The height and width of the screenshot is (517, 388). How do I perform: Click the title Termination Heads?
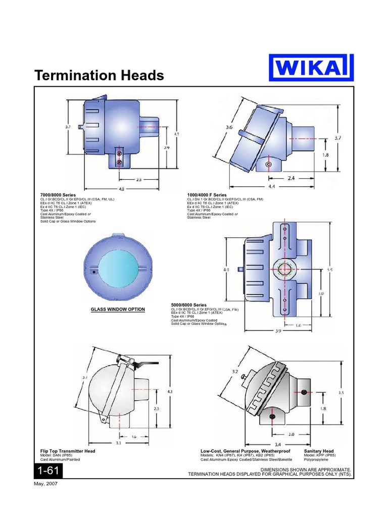click(99, 76)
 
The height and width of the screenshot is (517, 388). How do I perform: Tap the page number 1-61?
click(48, 471)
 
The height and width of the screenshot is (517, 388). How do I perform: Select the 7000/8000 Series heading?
click(58, 195)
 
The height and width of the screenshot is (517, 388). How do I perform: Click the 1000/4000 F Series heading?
click(207, 195)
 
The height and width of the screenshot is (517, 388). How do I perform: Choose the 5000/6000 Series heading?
click(189, 305)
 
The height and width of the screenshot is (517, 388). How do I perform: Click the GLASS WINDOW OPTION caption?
click(118, 309)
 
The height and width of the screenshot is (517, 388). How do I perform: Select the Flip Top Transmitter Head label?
click(68, 450)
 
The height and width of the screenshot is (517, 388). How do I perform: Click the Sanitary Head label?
click(319, 450)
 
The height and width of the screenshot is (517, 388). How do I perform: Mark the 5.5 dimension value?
click(330, 270)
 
